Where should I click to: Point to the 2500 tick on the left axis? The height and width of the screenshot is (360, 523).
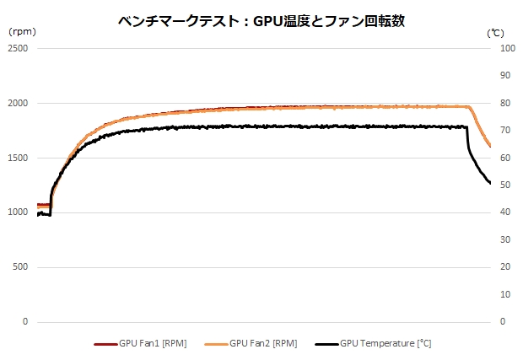pos(18,49)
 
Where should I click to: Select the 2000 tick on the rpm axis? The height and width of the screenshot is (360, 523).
pos(18,104)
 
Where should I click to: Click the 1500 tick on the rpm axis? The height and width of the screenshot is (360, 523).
pos(18,159)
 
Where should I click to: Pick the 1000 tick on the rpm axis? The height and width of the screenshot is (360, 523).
pos(18,212)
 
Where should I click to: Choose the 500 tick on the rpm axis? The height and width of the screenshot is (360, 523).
pos(20,267)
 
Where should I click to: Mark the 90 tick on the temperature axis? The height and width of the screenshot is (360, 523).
pos(505,76)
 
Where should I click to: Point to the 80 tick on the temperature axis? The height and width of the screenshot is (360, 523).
pos(505,104)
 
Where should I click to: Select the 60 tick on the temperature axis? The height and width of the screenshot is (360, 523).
pos(505,159)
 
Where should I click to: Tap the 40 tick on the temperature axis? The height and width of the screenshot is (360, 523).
pos(505,212)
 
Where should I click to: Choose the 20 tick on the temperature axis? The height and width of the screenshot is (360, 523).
pos(505,267)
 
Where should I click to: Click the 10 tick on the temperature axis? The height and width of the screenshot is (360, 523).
pos(505,294)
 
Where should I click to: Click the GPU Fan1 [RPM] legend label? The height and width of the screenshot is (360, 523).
pos(153,344)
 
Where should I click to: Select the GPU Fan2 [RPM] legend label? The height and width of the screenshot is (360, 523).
pos(262,344)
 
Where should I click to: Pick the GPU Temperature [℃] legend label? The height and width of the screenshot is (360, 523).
pos(386,344)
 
